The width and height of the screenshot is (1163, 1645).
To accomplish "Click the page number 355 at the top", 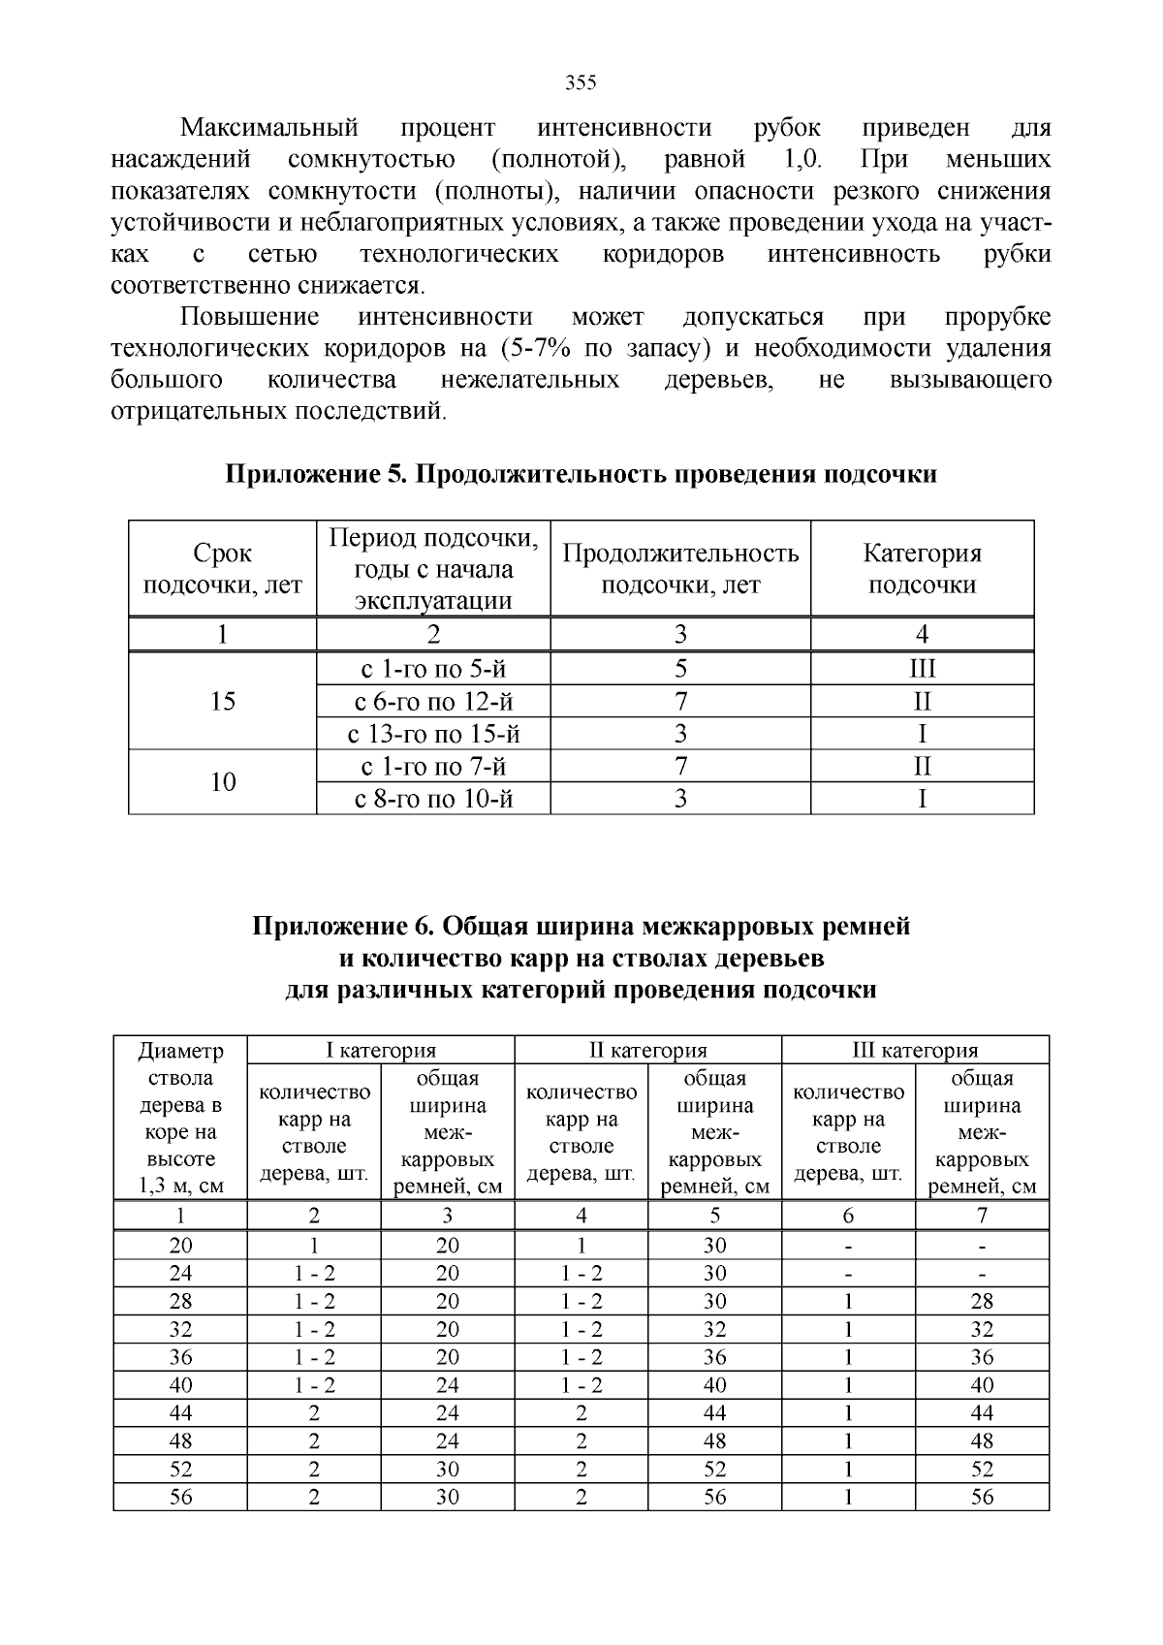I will click(x=581, y=82).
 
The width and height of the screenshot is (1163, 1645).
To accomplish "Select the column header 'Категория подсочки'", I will click(x=922, y=569).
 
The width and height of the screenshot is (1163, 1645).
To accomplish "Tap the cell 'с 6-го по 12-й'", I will click(x=433, y=701).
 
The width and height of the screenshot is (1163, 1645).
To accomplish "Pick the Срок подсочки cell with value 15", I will click(x=223, y=701).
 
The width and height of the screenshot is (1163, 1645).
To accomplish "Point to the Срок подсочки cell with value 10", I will click(x=223, y=782).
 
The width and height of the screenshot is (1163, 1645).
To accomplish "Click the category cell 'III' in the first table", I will click(x=922, y=669).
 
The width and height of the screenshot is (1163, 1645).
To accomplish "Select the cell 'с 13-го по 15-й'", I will click(x=433, y=734).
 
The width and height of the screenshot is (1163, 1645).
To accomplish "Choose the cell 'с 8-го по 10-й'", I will click(x=433, y=799).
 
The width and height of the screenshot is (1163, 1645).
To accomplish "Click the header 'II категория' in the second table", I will click(x=647, y=1050).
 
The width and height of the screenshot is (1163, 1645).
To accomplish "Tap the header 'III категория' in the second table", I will click(x=915, y=1050).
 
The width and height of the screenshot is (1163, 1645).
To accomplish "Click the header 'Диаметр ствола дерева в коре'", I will click(x=180, y=1118).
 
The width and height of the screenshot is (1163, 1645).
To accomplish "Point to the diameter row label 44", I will click(x=180, y=1412).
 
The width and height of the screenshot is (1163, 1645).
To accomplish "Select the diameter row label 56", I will click(x=180, y=1497).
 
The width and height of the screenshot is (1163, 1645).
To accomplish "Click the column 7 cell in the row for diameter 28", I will click(x=982, y=1301).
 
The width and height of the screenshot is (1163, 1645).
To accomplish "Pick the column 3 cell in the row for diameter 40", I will click(x=447, y=1385).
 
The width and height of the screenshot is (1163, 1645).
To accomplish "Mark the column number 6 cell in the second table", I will click(x=848, y=1216).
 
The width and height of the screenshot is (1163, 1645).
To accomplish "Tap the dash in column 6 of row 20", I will click(x=848, y=1246).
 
